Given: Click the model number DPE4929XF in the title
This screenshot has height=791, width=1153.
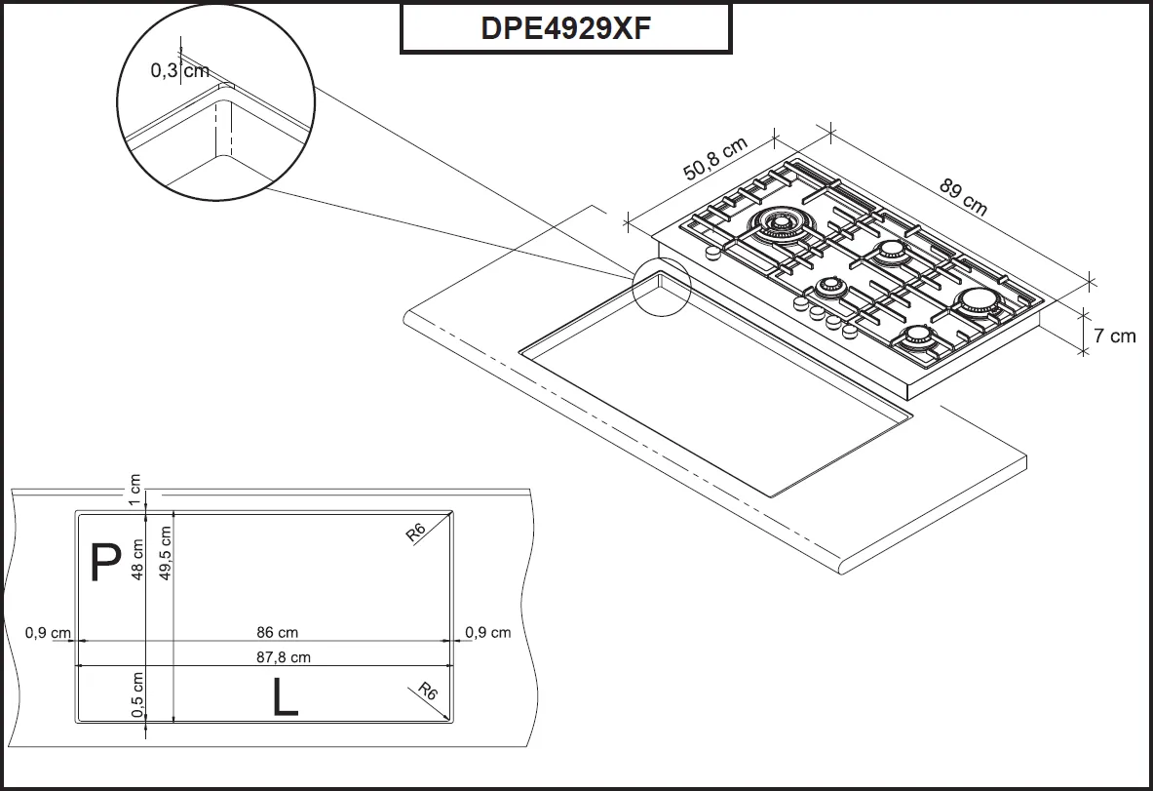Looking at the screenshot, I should coord(565,28).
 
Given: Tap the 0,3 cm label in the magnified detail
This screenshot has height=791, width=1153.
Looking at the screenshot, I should coord(179,70).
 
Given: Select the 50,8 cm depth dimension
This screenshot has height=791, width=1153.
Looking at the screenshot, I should coord(714,159).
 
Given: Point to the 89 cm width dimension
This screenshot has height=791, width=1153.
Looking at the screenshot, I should coord(963,195).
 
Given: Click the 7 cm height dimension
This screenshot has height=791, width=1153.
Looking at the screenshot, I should coord(1114,336).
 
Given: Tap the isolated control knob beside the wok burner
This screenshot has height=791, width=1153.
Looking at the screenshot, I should coord(712,253).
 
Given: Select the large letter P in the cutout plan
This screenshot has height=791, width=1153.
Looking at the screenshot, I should coord(104,563).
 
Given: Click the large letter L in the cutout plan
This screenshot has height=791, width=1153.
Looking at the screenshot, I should coord(285,698).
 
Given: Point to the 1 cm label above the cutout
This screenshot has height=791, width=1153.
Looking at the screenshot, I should coord(135,484).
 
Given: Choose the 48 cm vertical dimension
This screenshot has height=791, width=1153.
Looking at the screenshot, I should coord(137,560).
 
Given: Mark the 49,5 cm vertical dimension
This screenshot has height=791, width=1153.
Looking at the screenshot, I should coord(166,553).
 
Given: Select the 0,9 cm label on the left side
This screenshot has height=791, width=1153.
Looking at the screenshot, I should coord(48,633).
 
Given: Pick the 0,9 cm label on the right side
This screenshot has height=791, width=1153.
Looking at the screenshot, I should coord(487,633).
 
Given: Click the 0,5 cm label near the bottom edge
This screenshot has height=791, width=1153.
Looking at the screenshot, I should coord(137,693).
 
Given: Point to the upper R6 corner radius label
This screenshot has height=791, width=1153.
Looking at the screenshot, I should coord(416,532).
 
